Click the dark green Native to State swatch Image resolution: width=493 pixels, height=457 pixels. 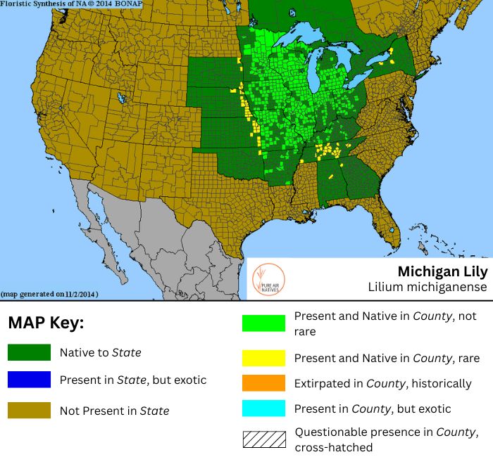[x=29, y=352]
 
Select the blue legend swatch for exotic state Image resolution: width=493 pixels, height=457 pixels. [x=29, y=380]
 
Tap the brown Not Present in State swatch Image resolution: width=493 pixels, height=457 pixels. [x=29, y=410]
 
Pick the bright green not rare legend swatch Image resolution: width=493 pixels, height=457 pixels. [x=263, y=323]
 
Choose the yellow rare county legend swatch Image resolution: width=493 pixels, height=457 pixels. [x=263, y=358]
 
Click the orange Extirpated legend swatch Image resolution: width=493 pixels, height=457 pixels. [x=263, y=383]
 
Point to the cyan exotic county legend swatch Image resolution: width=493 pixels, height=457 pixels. [x=263, y=408]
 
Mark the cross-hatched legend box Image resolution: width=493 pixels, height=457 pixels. [x=263, y=439]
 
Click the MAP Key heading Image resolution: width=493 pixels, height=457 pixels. [x=46, y=323]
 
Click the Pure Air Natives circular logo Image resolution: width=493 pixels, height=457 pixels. [x=268, y=278]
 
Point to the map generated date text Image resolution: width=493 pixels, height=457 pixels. [x=49, y=293]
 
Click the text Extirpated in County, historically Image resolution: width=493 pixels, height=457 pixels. [x=382, y=383]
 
